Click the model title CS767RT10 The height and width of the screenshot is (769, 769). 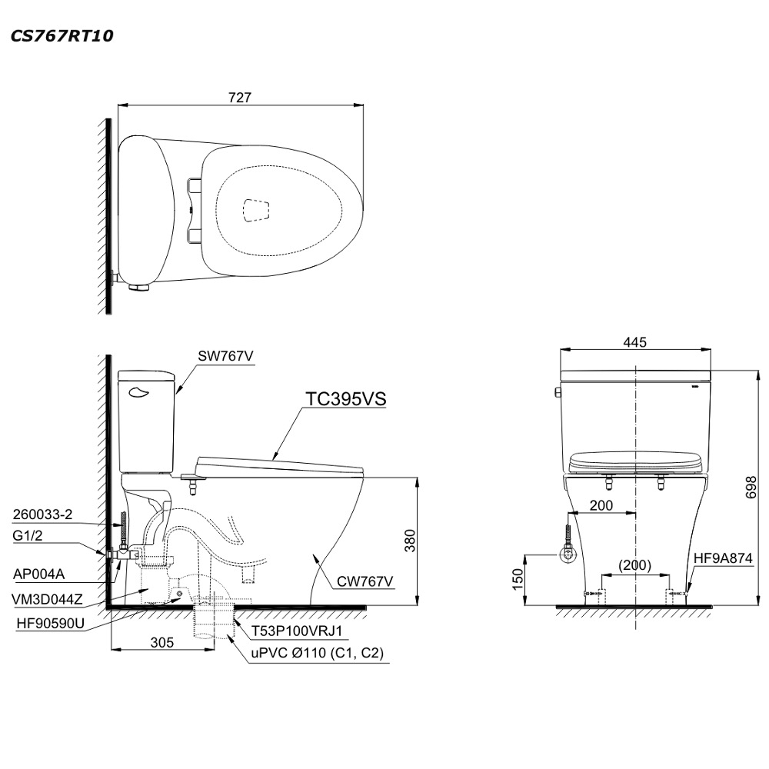pos(62,36)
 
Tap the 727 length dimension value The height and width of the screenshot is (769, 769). pos(240,98)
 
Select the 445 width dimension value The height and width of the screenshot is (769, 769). pos(635,342)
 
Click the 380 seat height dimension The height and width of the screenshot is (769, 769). pos(410,540)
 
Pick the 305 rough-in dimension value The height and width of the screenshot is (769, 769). pos(161,642)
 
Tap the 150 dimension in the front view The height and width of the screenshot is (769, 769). pos(518,579)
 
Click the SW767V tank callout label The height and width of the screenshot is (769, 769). pos(225,356)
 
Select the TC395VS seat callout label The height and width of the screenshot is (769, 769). pos(346,399)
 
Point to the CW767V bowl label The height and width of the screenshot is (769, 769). pos(365,581)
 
